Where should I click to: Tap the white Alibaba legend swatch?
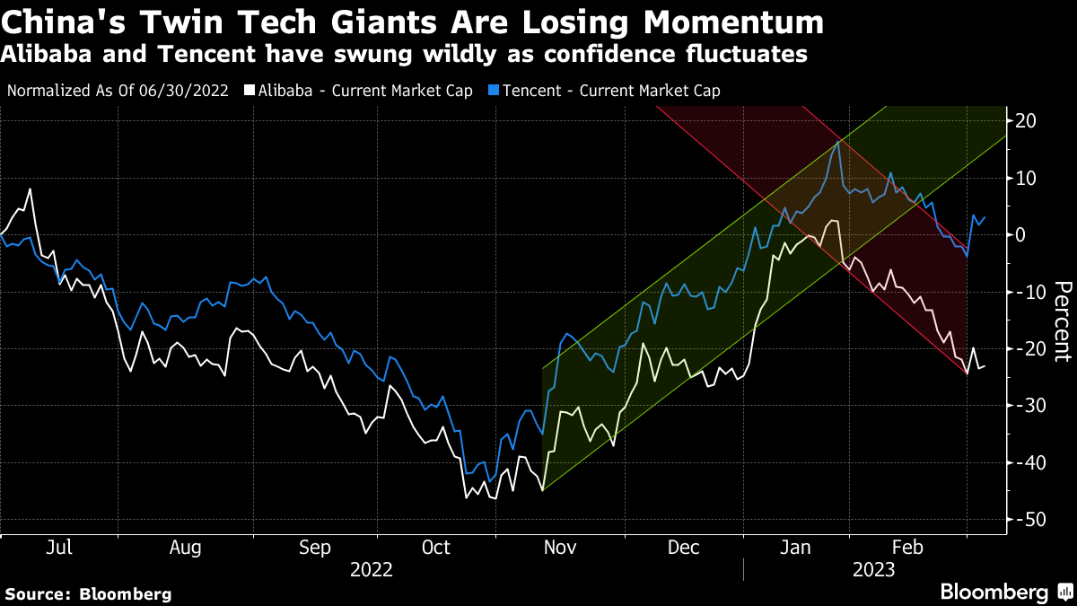pos(250,91)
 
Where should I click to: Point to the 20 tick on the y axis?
pos(1029,120)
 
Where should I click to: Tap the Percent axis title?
pos(1062,321)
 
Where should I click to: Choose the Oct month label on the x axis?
pos(436,548)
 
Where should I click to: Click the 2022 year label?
pos(372,569)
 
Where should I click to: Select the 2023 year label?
pos(874,569)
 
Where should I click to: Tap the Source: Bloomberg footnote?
pos(88,593)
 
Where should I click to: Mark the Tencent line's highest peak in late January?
pos(838,141)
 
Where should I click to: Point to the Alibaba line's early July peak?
pos(31,189)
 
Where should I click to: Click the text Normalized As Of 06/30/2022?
pos(118,91)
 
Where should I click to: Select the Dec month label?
pos(685,548)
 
